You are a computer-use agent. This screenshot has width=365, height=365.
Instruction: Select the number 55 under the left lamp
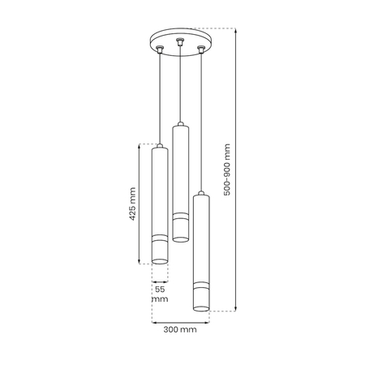tap(159, 289)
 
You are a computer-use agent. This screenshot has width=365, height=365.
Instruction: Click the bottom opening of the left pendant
tap(160, 261)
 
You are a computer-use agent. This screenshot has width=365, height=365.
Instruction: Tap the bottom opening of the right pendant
tap(200, 308)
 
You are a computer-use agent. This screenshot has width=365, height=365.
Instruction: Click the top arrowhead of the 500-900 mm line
tap(236, 30)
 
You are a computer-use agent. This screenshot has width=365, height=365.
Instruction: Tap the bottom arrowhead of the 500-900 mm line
tap(236, 309)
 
